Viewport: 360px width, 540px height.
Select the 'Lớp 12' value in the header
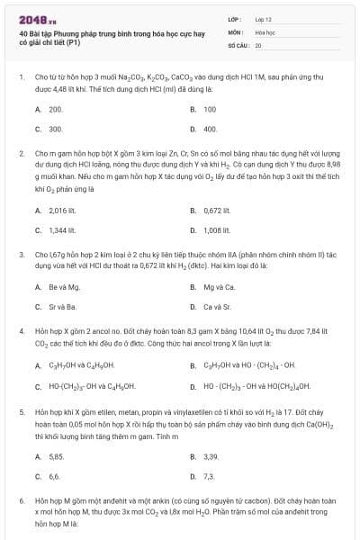coord(263,18)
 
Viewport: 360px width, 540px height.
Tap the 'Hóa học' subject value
coord(264,31)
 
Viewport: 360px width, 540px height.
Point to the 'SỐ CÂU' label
coord(238,44)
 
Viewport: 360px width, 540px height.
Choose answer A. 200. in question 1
coord(49,109)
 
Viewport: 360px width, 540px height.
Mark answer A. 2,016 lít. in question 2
coord(57,211)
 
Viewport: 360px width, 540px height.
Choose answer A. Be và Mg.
coord(58,287)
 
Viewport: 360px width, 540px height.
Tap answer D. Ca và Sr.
coord(213,307)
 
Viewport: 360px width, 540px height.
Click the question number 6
coord(21,498)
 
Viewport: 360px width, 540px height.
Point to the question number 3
coord(21,255)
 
